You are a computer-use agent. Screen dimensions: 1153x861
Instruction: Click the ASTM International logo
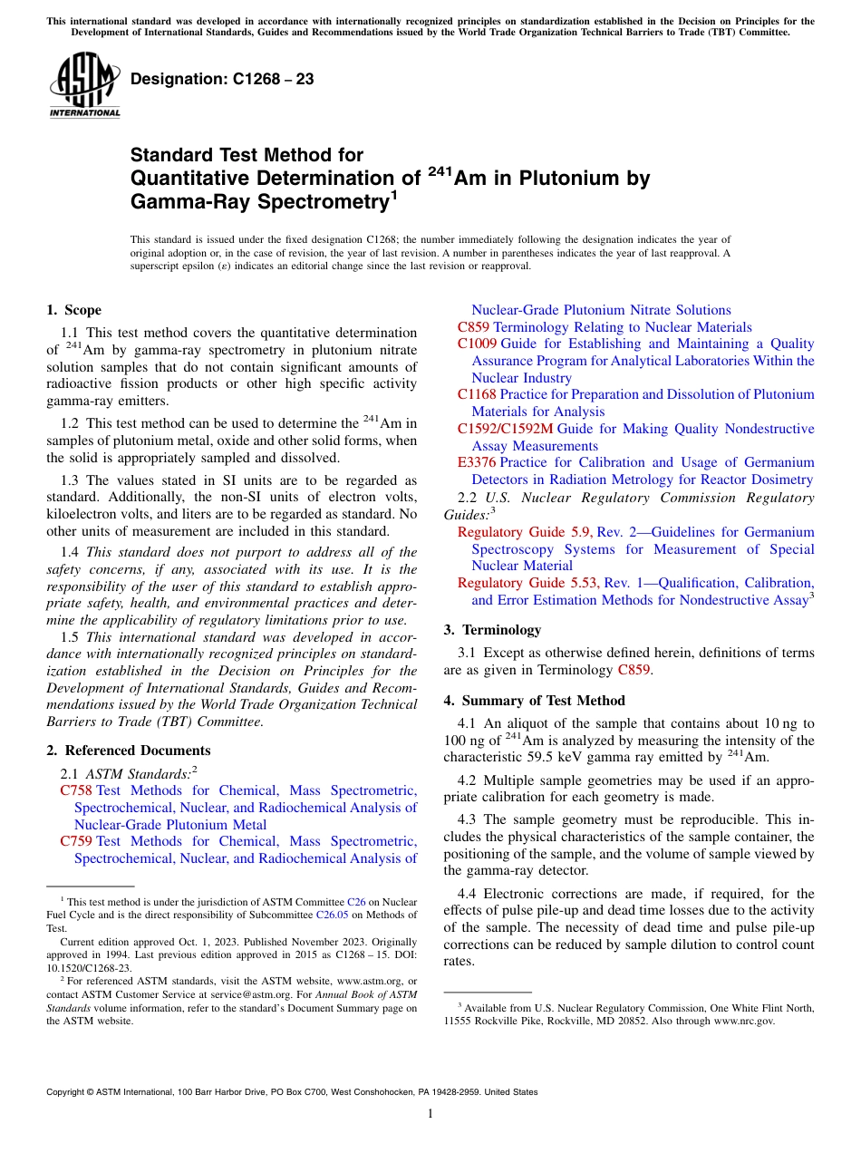click(83, 86)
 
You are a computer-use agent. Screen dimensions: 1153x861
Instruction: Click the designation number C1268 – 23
click(222, 79)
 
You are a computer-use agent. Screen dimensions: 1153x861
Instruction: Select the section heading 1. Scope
click(74, 310)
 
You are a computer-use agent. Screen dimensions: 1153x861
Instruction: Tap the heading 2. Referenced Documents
click(129, 751)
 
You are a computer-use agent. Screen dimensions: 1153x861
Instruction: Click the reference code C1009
click(478, 344)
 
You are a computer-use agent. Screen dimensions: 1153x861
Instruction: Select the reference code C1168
click(478, 394)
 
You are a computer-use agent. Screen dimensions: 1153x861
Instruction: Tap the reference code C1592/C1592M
click(505, 429)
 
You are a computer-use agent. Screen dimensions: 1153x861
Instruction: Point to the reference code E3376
click(477, 462)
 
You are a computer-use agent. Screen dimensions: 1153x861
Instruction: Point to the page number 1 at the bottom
click(430, 1114)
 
